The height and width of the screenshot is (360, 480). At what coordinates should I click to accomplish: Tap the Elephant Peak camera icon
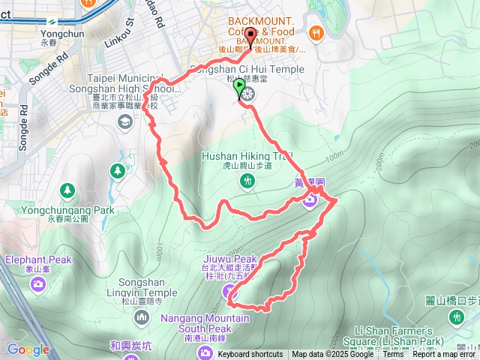38,283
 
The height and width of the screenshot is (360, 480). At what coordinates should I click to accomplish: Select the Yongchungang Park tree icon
67,190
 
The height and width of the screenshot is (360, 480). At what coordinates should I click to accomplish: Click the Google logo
28,349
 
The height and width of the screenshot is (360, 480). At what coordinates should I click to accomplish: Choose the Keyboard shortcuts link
250,355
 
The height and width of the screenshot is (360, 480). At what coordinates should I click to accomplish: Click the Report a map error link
445,355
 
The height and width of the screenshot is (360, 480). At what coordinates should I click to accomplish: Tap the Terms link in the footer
392,355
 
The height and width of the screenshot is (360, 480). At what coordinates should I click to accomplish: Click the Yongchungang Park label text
67,210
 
